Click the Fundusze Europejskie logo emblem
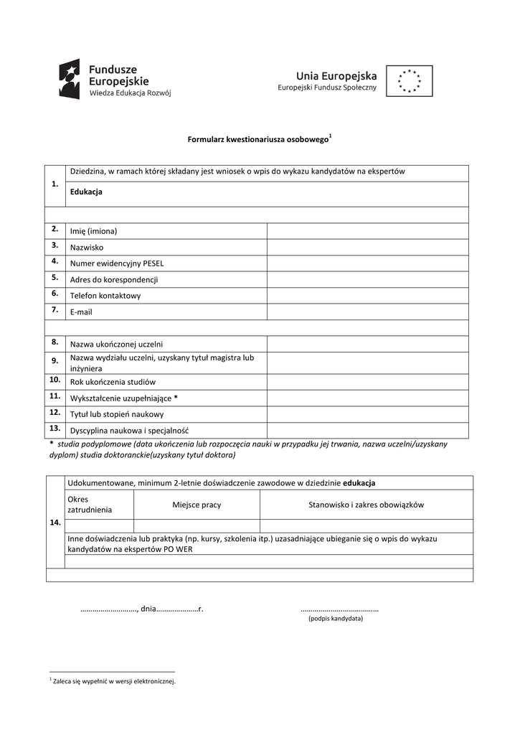[x=70, y=79]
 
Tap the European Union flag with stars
[x=410, y=81]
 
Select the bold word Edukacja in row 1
[x=86, y=192]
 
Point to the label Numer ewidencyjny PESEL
[x=117, y=263]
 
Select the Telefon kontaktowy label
[x=105, y=296]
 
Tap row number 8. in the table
[x=55, y=342]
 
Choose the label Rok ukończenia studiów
[x=113, y=382]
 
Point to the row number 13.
[x=55, y=429]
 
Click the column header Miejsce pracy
[x=197, y=505]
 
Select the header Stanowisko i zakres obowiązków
[x=366, y=505]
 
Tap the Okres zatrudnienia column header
[x=90, y=504]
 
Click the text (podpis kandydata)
[x=336, y=618]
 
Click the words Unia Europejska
[x=337, y=75]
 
